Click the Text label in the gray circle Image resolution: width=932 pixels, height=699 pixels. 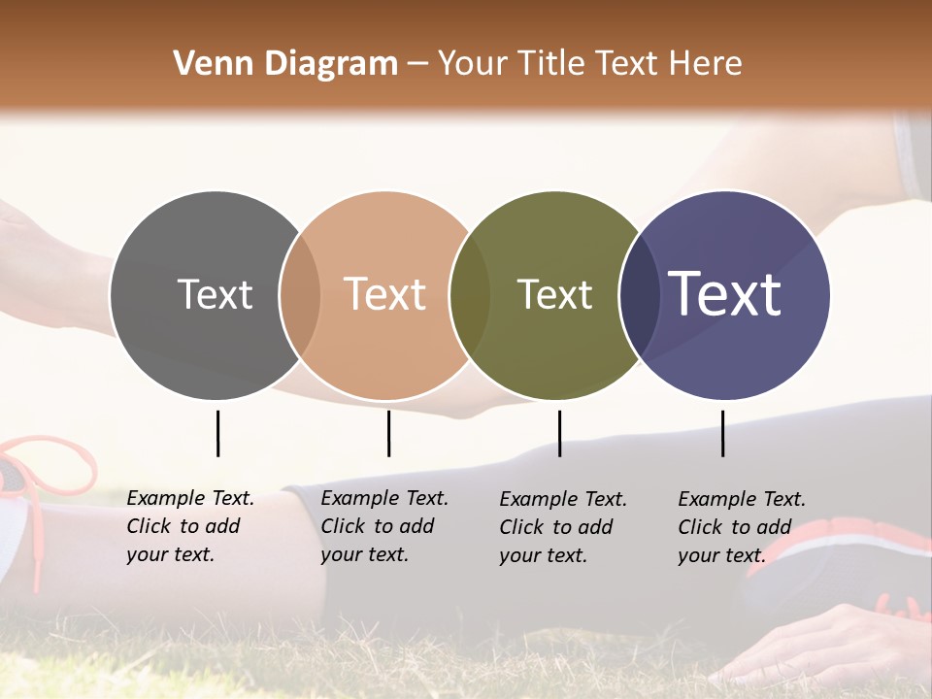tap(215, 295)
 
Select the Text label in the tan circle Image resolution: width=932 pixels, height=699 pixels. tap(385, 295)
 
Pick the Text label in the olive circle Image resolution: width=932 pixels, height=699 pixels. tap(554, 295)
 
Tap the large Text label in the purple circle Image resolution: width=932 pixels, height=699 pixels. tap(725, 294)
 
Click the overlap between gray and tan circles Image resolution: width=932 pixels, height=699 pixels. tap(300, 295)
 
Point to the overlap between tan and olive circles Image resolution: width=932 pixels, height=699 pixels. tap(470, 295)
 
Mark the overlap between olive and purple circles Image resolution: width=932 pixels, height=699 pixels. tap(639, 295)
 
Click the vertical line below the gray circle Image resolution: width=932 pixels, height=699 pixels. tap(217, 433)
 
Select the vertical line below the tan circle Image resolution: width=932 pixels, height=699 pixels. tap(388, 433)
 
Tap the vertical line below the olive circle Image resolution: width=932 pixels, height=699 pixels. tap(559, 433)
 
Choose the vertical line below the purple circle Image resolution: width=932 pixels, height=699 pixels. tap(722, 433)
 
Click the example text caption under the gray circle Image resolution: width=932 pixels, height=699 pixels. tap(190, 526)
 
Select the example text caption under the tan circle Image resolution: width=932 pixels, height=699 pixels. tap(384, 526)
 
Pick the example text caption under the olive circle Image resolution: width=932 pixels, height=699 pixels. tap(563, 527)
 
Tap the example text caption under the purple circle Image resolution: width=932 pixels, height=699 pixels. tap(742, 527)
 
